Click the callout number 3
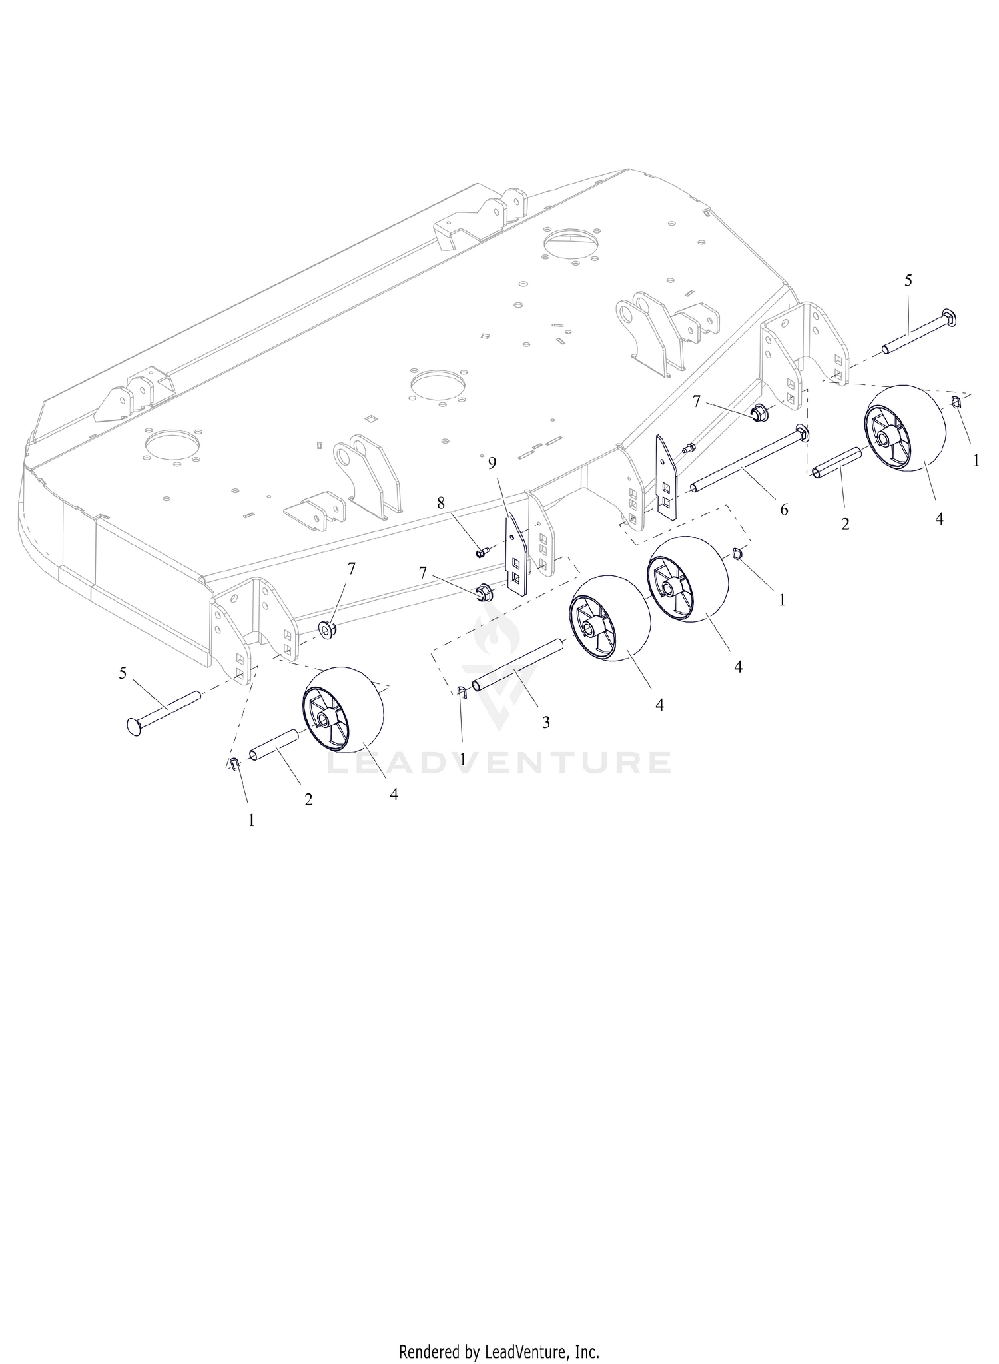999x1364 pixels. pos(545,722)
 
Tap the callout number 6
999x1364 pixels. pos(784,510)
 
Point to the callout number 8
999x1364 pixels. pos(441,503)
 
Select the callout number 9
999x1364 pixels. pos(492,462)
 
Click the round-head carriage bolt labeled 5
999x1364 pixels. pos(163,710)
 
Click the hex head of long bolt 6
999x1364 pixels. pos(802,434)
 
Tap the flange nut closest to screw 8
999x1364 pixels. pos(483,592)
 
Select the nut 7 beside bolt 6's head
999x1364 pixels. pos(759,413)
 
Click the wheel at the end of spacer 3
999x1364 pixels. pos(610,619)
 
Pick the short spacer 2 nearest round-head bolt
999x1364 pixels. pos(274,743)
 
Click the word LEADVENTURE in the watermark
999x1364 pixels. pos(499,762)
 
